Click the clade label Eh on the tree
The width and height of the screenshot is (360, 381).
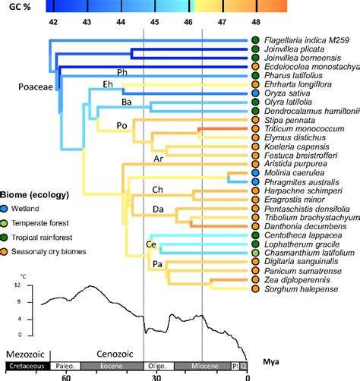[x=107, y=83]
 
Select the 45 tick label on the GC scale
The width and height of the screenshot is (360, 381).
[x=155, y=24]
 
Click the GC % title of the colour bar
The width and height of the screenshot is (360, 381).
[x=20, y=6]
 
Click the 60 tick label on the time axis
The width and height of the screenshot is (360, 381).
[x=67, y=376]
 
